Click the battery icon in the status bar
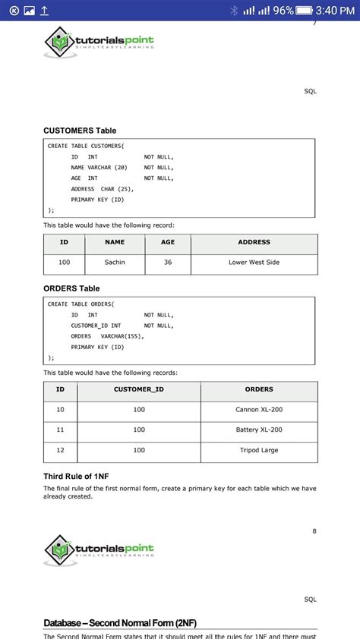point(305,11)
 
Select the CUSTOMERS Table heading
point(80,131)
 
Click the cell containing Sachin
point(115,263)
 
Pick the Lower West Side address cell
point(254,263)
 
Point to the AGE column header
point(168,242)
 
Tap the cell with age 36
point(168,263)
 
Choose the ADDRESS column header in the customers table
point(254,242)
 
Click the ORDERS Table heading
point(71,288)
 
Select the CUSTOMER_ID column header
point(139,389)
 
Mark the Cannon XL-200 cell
point(259,410)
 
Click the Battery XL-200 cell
point(259,430)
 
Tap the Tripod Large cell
point(259,450)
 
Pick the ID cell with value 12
point(61,450)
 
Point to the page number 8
point(314,530)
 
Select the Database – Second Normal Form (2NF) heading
point(120,623)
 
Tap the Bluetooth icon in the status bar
point(234,11)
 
